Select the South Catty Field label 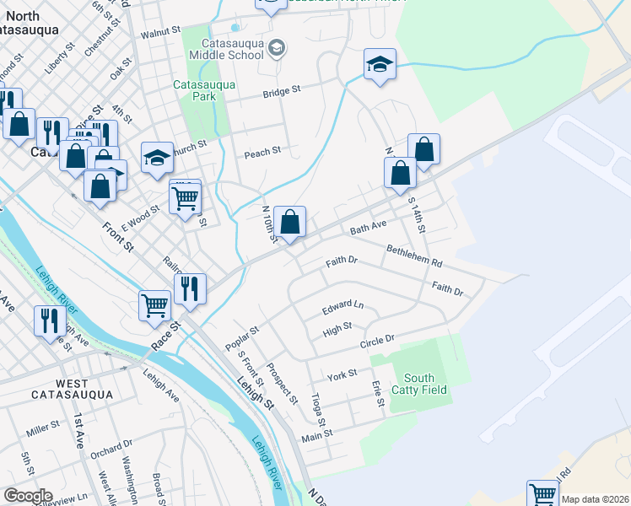coord(425,384)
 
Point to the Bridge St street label coord(282,91)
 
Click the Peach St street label coord(262,153)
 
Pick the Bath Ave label coord(368,228)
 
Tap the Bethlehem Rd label coord(414,257)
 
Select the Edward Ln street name coord(342,307)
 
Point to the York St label coord(342,373)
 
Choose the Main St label coord(318,433)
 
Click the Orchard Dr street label coord(111,449)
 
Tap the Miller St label coord(42,430)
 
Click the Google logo coord(27,496)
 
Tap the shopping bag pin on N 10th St coord(289,223)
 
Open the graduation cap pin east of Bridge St coord(380,64)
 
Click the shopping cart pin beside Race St coord(154,304)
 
